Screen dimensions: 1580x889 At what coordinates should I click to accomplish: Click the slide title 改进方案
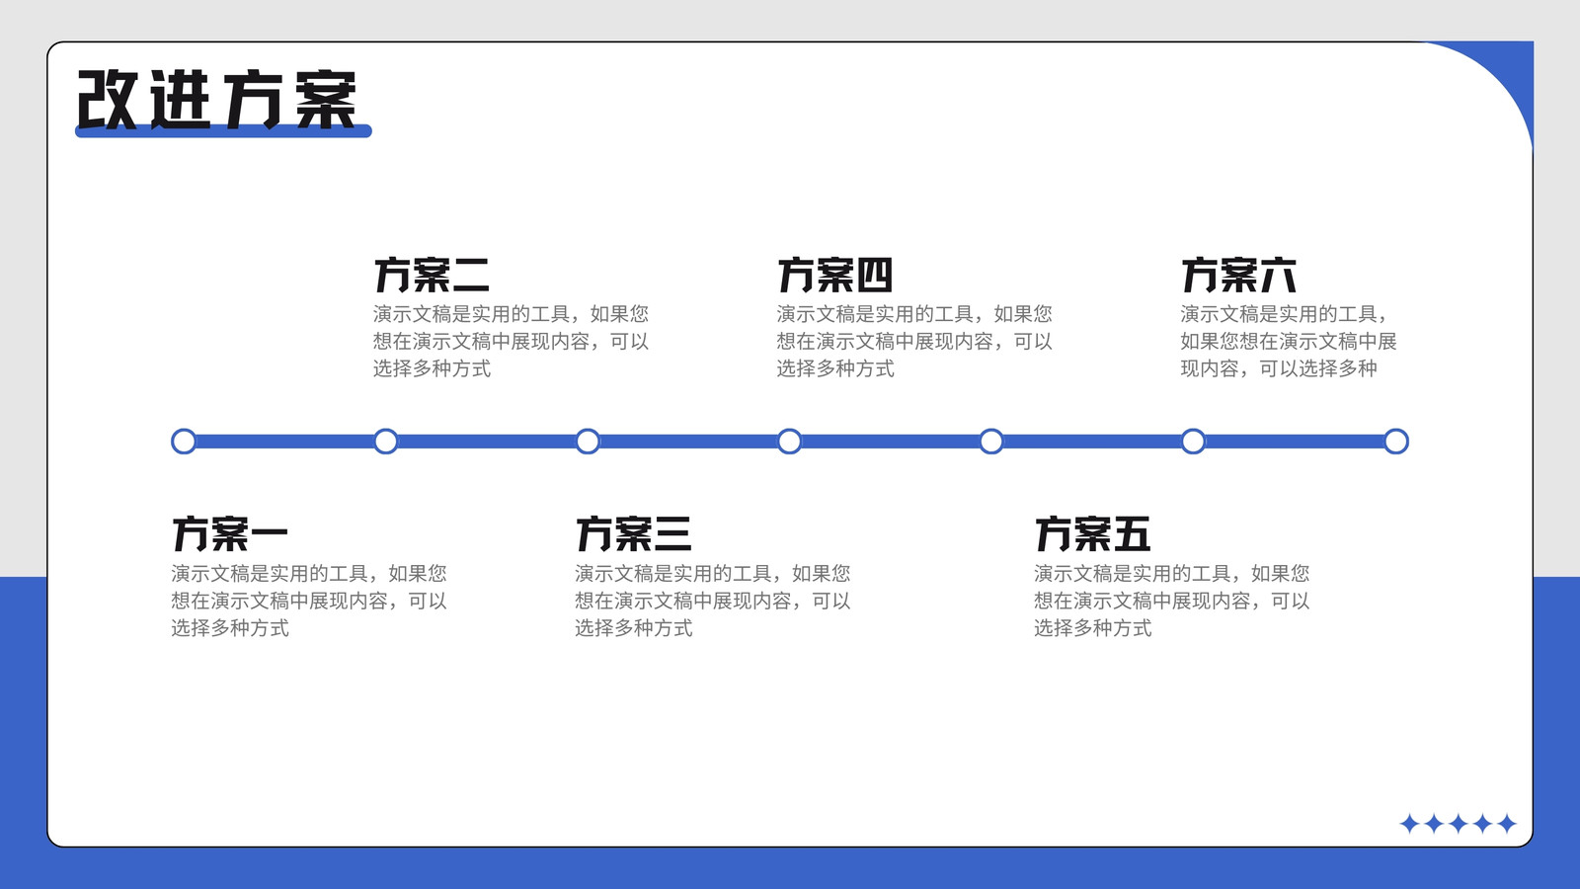pyautogui.click(x=216, y=100)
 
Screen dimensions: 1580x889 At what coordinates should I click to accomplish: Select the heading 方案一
pyautogui.click(x=230, y=533)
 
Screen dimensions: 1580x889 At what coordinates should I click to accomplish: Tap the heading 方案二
pyautogui.click(x=432, y=275)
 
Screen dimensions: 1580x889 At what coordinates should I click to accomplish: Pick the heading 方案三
pyautogui.click(x=633, y=533)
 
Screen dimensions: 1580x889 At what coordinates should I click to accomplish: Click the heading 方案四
pyautogui.click(x=835, y=275)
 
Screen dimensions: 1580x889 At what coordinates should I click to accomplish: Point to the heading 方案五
pyautogui.click(x=1092, y=533)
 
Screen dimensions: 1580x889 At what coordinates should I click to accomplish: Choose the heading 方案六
pyautogui.click(x=1239, y=275)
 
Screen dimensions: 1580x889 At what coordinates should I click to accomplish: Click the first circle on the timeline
pyautogui.click(x=184, y=442)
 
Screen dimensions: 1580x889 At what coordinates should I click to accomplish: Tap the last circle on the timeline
pyautogui.click(x=1396, y=442)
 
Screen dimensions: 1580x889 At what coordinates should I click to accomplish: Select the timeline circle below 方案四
pyautogui.click(x=789, y=442)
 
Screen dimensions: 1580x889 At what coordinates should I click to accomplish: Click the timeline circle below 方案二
pyautogui.click(x=386, y=442)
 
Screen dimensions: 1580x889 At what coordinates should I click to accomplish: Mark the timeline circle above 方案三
pyautogui.click(x=588, y=442)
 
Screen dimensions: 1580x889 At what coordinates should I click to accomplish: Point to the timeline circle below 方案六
pyautogui.click(x=1194, y=442)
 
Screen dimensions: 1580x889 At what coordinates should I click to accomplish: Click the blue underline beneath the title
pyautogui.click(x=223, y=131)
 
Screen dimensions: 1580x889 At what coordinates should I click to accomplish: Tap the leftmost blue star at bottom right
pyautogui.click(x=1409, y=824)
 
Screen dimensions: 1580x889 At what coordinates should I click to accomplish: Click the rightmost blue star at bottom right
pyautogui.click(x=1507, y=824)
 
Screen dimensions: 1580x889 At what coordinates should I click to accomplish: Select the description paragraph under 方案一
pyautogui.click(x=309, y=601)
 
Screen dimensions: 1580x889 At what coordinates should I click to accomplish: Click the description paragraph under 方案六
pyautogui.click(x=1289, y=342)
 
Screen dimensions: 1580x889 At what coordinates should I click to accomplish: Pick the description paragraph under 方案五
pyautogui.click(x=1171, y=601)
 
